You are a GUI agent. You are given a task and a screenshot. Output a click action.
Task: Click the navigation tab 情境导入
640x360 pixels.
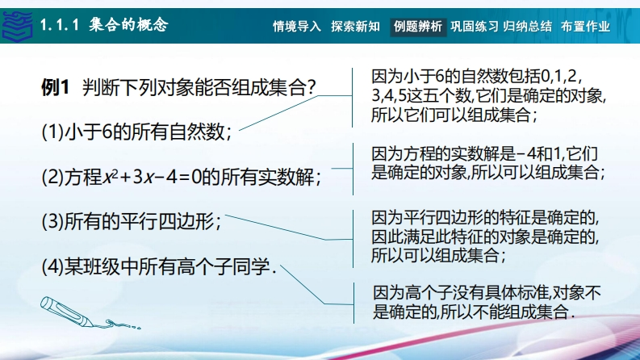click(297, 27)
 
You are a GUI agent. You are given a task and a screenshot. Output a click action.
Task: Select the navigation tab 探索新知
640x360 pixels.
click(355, 27)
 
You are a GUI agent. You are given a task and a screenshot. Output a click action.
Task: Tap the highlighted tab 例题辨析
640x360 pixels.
click(418, 27)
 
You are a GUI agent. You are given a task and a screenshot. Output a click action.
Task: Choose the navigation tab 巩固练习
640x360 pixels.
click(475, 27)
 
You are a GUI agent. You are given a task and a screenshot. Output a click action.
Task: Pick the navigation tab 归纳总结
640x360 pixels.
click(527, 27)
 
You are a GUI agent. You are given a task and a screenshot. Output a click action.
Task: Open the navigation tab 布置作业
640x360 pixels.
click(585, 27)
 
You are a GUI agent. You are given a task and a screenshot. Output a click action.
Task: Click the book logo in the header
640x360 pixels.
click(17, 26)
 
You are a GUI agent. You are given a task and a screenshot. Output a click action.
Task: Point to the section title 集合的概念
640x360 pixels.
click(128, 25)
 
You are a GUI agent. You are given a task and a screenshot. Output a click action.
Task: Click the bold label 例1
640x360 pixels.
click(55, 87)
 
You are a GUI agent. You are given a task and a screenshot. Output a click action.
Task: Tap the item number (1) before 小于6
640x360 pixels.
click(52, 132)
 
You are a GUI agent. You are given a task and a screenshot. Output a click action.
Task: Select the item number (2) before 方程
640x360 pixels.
click(52, 177)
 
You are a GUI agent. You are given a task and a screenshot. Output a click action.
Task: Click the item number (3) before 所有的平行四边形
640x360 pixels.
click(52, 222)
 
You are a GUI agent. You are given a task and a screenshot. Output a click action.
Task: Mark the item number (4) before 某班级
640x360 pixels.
click(52, 267)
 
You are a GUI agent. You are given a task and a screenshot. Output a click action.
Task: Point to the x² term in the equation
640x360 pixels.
click(110, 177)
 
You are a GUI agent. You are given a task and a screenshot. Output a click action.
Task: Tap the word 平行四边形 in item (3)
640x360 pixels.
click(167, 222)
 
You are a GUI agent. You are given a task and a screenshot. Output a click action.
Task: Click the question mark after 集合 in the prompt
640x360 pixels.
click(311, 87)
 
